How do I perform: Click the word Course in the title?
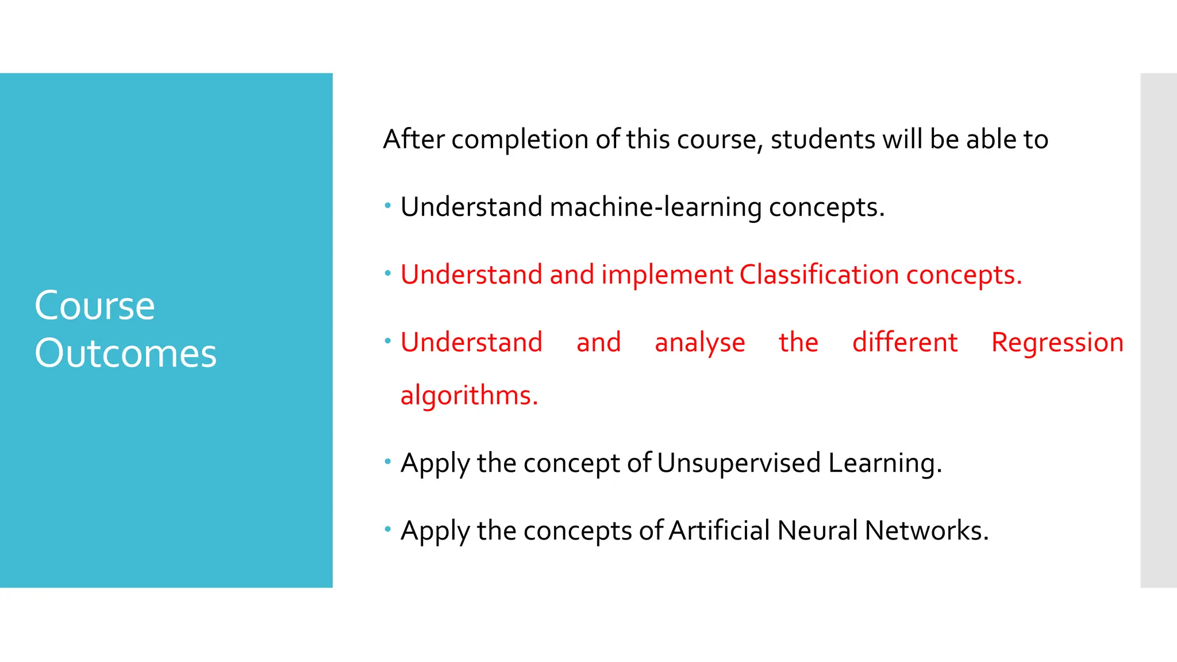click(x=95, y=305)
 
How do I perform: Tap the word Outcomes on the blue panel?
click(x=125, y=353)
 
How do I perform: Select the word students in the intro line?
click(x=822, y=140)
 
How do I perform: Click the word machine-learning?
click(x=655, y=207)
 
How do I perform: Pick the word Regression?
click(x=1057, y=342)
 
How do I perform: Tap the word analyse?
click(x=699, y=343)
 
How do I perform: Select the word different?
click(x=905, y=342)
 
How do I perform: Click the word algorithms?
click(x=469, y=395)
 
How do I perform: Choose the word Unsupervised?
click(x=738, y=463)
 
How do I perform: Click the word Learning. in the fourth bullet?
click(x=885, y=463)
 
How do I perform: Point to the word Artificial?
click(x=719, y=530)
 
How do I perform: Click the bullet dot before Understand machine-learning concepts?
click(x=388, y=205)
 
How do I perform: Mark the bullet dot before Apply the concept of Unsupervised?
click(x=388, y=461)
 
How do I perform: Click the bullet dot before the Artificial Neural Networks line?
click(x=388, y=528)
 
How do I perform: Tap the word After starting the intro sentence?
click(x=414, y=140)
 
